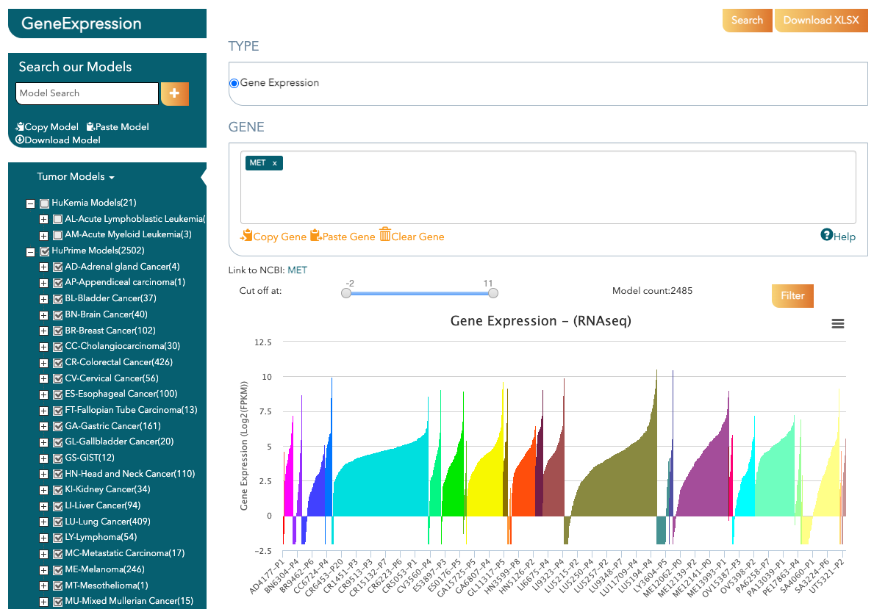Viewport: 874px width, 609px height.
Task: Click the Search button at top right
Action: coord(747,21)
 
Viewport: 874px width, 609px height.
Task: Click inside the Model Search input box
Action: coord(87,93)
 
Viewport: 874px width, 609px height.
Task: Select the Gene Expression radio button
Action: coord(234,83)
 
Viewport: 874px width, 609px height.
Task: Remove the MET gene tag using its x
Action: coord(275,163)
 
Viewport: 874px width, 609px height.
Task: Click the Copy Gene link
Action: coord(273,237)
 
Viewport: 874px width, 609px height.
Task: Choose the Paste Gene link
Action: coord(343,237)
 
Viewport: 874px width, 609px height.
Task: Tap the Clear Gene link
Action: coord(412,237)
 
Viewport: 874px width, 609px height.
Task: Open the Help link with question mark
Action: coord(838,236)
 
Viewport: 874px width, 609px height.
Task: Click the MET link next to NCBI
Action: coord(297,270)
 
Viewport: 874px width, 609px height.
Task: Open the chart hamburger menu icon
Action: coord(837,324)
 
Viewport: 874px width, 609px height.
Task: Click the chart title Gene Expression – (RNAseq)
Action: coord(540,321)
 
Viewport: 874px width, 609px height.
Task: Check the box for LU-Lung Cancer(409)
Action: coord(58,522)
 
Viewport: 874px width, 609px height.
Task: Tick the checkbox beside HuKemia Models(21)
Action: coord(44,203)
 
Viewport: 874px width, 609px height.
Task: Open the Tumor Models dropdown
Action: coord(76,176)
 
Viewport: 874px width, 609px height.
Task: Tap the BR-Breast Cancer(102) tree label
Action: coord(110,331)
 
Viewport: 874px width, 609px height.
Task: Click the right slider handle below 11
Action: coord(493,292)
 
